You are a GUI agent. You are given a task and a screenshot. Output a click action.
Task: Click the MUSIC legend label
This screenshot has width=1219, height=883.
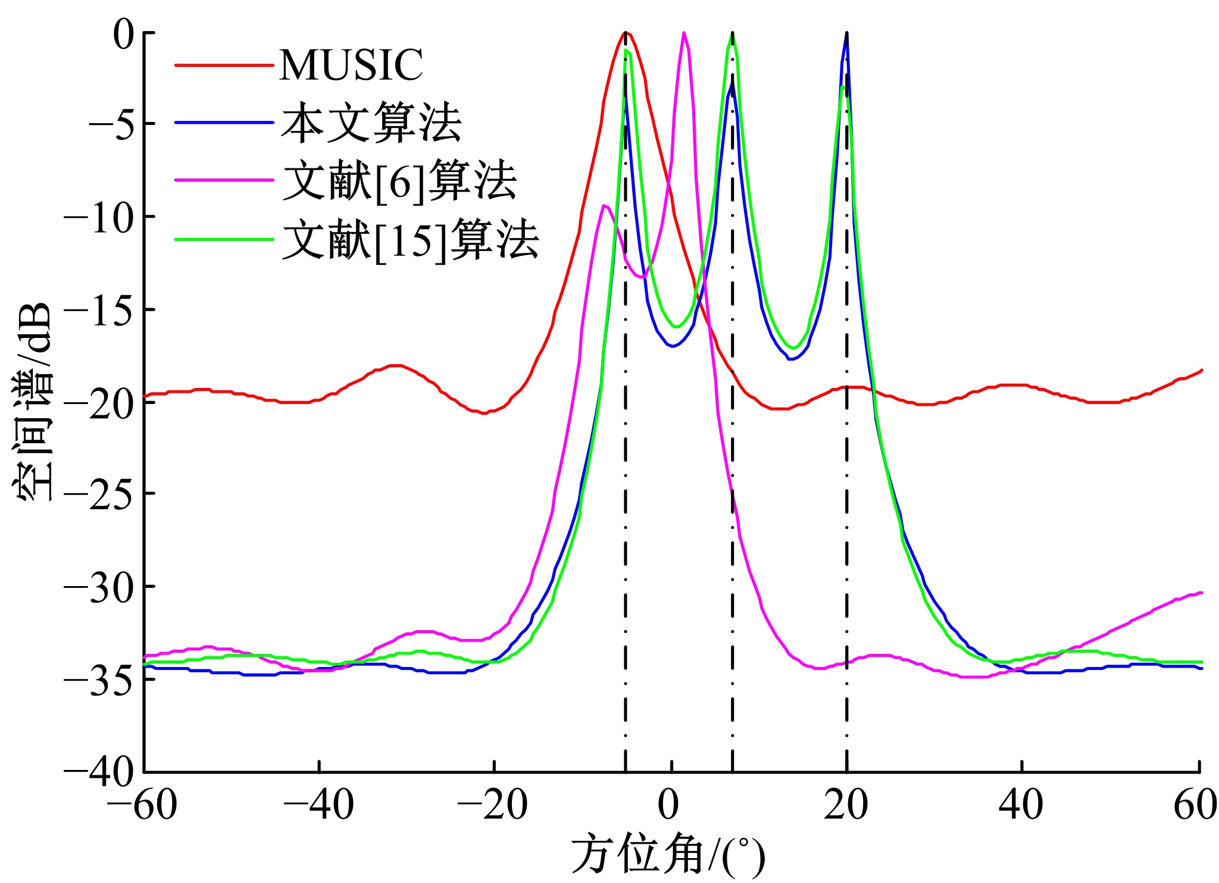(351, 64)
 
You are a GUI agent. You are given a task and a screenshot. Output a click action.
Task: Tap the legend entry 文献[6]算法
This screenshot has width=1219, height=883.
(400, 180)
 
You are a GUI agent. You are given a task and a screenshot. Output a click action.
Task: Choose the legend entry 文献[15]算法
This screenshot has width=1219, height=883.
(411, 239)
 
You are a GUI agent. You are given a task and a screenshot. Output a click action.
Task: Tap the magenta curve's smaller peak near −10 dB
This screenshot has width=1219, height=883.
(605, 206)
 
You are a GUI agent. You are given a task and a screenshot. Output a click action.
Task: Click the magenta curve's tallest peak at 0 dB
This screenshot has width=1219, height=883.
(684, 33)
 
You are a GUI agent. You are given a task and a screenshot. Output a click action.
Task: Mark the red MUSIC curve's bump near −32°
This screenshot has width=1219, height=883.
(396, 365)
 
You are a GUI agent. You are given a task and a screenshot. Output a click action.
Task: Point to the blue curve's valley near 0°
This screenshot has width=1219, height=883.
(673, 346)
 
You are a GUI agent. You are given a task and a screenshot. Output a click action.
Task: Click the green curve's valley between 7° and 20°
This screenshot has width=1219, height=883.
(793, 347)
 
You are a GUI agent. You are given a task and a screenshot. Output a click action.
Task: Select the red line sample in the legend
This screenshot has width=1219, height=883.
(224, 64)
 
